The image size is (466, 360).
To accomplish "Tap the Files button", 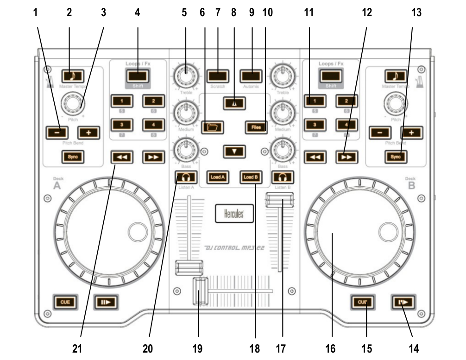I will [x=257, y=126].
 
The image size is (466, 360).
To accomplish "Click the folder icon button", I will [x=213, y=126].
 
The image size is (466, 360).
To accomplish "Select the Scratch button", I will [x=217, y=76].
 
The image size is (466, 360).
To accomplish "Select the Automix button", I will [x=251, y=76].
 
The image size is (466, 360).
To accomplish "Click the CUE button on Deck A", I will [x=63, y=302].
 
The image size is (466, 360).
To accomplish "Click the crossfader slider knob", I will [x=201, y=291].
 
